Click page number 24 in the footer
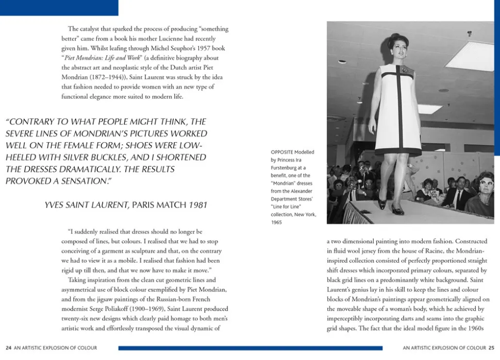(8, 348)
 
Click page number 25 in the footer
(491, 348)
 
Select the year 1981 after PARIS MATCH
(198, 205)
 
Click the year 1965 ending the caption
(277, 222)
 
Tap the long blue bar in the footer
(250, 348)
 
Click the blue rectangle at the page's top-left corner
(59, 7)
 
